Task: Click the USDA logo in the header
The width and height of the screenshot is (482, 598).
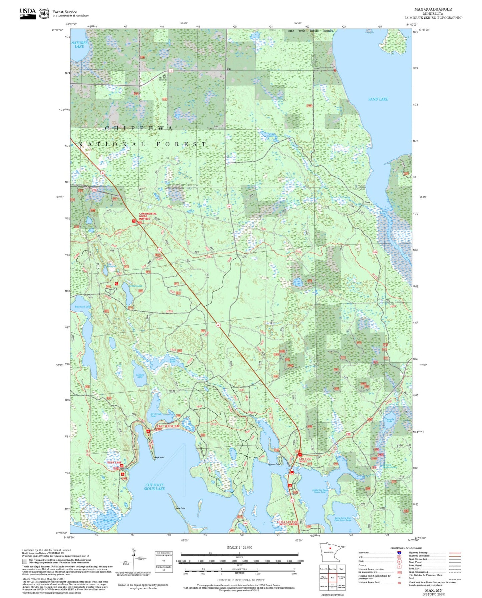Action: coord(28,13)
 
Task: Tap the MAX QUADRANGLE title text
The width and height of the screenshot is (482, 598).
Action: coord(433,9)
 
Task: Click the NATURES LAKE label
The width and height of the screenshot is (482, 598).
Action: coord(79,45)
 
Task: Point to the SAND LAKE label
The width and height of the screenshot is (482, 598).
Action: coord(378,99)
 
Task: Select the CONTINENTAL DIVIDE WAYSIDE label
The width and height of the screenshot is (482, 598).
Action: coord(148,216)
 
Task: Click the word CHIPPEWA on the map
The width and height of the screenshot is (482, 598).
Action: coord(139,128)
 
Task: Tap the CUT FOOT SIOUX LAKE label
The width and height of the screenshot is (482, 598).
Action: coord(154,487)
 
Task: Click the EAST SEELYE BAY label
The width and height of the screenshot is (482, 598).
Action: coord(168,426)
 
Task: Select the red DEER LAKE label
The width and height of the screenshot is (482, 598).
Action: coord(114,463)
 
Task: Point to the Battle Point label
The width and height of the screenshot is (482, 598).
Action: coord(180,508)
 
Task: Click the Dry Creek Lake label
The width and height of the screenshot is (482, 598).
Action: coord(156,415)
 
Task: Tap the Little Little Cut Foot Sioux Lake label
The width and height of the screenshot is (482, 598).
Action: coord(343,519)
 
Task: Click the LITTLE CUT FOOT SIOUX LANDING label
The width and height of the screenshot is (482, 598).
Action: coord(288,523)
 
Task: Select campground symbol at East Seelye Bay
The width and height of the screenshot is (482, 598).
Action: coord(148,431)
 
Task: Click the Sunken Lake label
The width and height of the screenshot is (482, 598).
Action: coord(140,376)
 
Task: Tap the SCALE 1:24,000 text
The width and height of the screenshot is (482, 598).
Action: coord(239,547)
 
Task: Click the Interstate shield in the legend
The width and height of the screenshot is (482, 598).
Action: coord(399,553)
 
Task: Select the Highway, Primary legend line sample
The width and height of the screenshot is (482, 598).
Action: coord(455,553)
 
